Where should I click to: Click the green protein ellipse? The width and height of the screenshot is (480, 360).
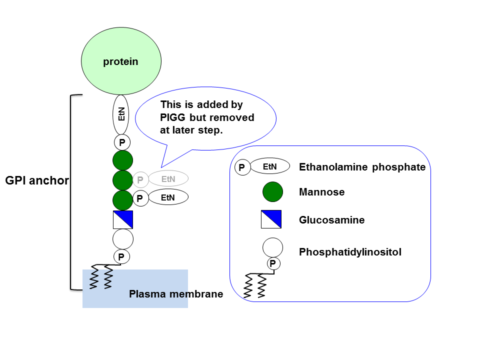point(121,61)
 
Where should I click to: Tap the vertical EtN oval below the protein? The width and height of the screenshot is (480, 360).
point(121,115)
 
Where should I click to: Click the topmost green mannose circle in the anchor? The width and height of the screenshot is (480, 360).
point(122,160)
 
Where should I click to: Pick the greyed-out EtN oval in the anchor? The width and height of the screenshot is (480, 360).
point(168,178)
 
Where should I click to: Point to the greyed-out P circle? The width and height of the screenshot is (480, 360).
point(140,179)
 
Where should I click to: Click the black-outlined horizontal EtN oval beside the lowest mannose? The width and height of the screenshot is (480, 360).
point(168,197)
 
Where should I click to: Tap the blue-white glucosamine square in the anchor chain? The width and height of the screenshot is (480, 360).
point(122,219)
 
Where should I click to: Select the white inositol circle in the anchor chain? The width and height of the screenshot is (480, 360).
point(122,239)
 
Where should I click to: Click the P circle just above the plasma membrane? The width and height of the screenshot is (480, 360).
point(121,257)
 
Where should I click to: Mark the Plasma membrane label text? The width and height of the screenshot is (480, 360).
point(176,294)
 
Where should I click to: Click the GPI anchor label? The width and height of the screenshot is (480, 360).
point(36,181)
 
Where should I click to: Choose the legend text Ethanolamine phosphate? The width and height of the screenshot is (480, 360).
point(362,167)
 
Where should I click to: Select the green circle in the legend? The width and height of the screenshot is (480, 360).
point(272,191)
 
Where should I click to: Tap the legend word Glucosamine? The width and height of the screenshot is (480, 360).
point(331,220)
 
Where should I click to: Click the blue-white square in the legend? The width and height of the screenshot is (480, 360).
point(271,219)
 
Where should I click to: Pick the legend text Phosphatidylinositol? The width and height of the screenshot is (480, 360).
point(350,252)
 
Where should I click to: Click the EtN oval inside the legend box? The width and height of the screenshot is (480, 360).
point(269,166)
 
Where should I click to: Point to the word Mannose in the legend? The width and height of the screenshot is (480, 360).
point(321,192)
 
